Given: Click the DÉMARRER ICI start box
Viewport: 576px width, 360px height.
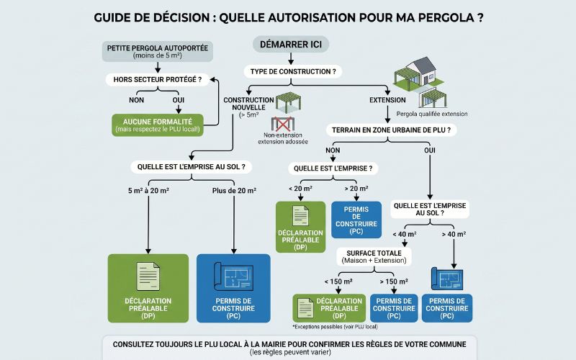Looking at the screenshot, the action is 291,45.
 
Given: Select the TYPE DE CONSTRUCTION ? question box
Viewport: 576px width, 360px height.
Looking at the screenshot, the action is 293,71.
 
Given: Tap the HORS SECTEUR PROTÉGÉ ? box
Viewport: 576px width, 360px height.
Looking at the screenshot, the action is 157,79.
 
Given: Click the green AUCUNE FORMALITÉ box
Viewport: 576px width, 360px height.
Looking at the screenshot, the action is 158,125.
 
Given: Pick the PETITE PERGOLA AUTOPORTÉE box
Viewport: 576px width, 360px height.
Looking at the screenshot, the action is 157,51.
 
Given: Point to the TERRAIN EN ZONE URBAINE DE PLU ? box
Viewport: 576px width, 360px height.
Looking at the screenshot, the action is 391,130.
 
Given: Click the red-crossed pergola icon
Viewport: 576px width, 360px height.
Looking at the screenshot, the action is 282,124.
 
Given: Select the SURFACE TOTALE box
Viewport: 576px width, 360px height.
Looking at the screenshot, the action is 374,257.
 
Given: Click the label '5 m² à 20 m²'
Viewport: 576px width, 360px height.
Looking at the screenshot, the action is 148,191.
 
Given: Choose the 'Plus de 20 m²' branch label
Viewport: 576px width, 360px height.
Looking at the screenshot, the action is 234,191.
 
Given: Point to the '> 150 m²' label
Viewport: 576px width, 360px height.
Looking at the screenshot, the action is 394,282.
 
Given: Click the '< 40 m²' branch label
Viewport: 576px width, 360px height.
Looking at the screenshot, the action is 405,235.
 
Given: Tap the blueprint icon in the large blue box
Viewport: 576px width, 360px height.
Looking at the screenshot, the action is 233,276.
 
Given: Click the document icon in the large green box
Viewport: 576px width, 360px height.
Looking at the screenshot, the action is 148,276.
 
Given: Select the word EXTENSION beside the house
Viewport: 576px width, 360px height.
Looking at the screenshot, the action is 387,100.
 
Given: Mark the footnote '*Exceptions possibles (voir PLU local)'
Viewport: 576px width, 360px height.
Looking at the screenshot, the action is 335,327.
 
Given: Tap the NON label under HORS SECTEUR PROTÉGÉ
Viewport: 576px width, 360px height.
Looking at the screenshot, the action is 136,100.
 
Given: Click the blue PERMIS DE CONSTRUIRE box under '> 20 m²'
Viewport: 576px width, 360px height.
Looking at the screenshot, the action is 356,220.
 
